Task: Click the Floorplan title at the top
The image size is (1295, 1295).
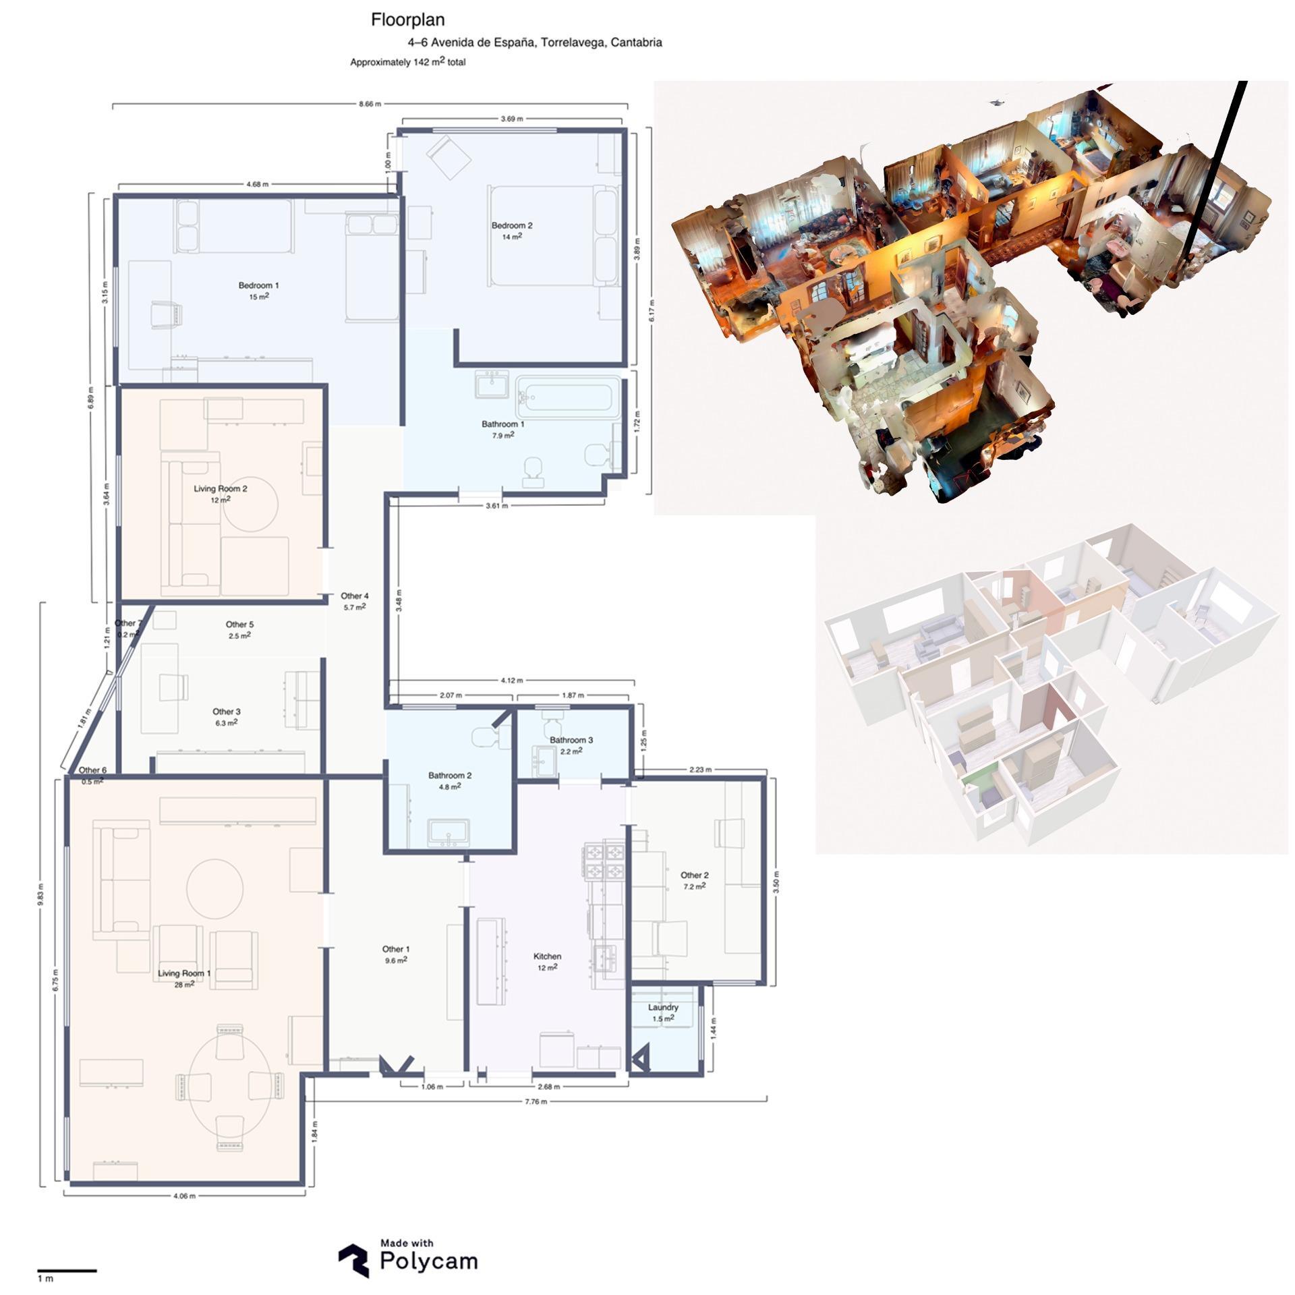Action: pos(407,20)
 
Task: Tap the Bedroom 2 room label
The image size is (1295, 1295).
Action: pos(511,226)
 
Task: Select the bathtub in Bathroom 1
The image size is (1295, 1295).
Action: pos(568,397)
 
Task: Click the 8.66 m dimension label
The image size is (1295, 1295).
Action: pos(370,104)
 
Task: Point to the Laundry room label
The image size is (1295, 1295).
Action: pos(663,1008)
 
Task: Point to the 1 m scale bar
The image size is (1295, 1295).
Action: pos(67,1270)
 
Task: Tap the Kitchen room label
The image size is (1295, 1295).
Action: pos(547,956)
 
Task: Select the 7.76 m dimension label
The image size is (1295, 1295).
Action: pos(536,1101)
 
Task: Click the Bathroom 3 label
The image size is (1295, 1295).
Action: pos(571,740)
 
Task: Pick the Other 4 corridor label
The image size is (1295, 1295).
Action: pos(355,596)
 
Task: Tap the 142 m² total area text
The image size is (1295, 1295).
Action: pos(438,62)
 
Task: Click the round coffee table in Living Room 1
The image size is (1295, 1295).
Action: pos(215,888)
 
